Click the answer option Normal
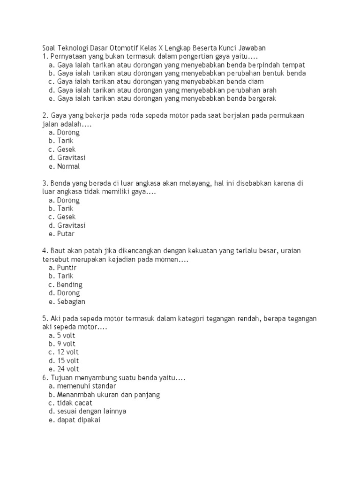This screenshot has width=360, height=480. coord(68,166)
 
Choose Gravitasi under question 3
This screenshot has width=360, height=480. coord(71,225)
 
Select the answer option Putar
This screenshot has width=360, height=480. coord(66,233)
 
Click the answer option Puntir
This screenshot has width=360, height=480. coord(67,267)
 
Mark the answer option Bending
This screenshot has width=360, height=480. coord(69,285)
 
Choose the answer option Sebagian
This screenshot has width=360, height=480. coord(71,301)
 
